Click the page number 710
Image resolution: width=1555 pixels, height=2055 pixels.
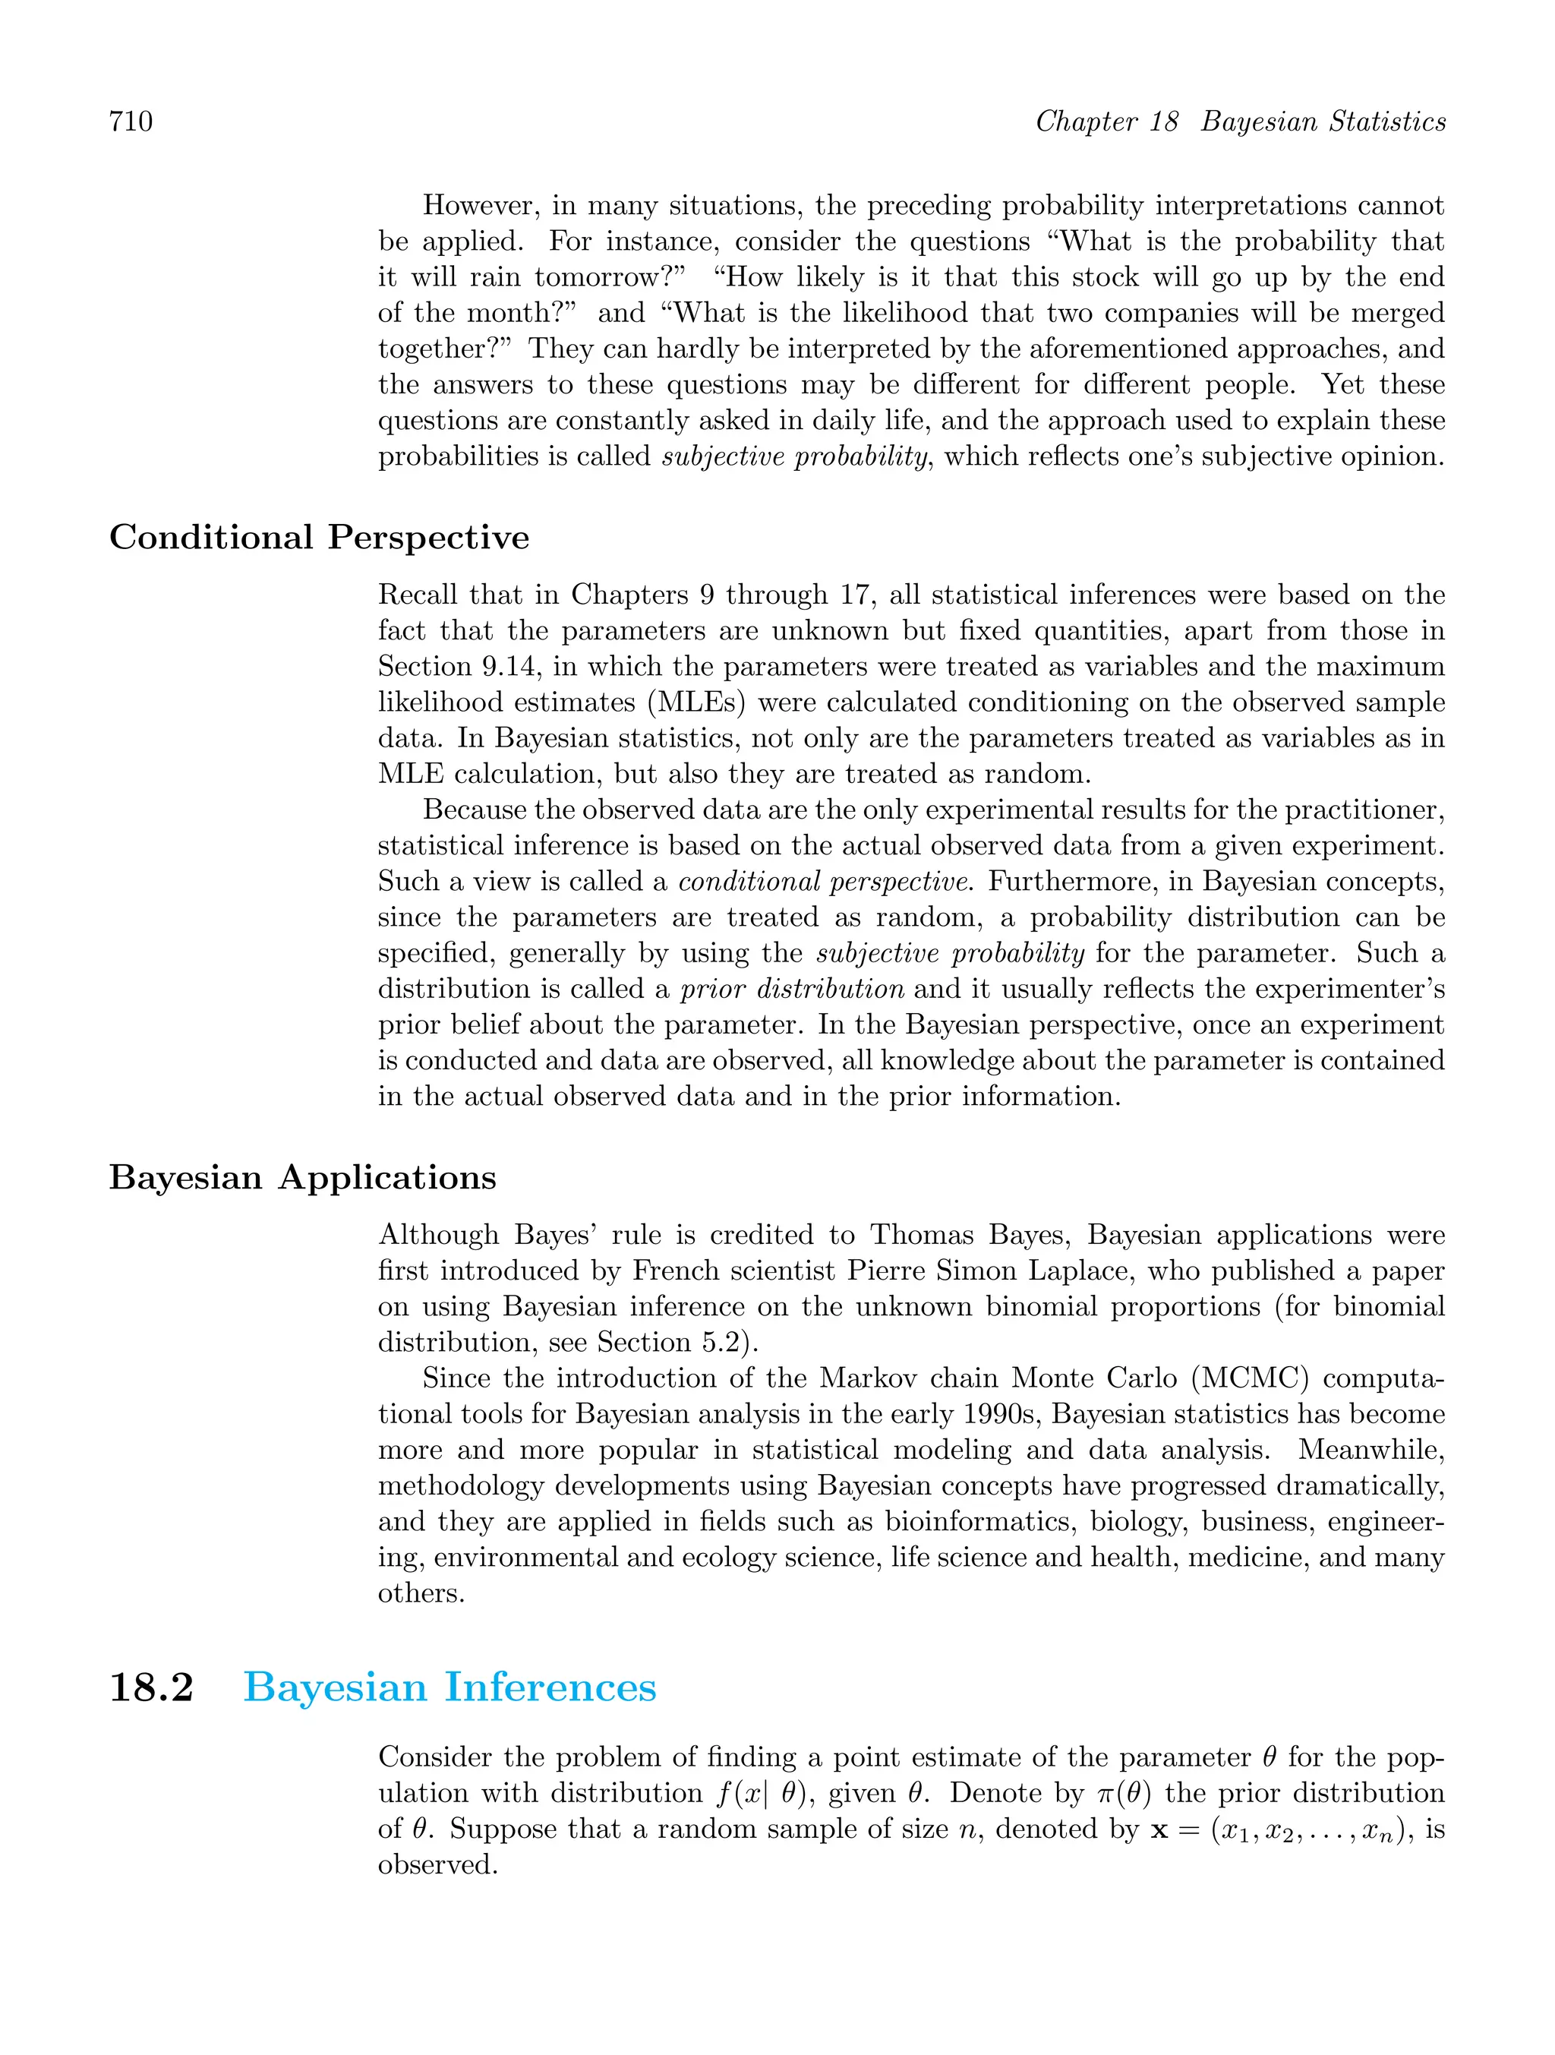point(131,122)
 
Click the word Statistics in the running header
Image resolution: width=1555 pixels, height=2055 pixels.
point(1387,122)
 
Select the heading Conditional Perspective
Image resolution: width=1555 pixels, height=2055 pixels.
point(319,538)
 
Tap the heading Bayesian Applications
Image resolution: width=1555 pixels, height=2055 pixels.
point(302,1177)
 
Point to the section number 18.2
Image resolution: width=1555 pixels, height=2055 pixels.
point(150,1687)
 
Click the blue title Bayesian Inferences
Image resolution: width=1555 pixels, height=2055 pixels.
point(449,1687)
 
